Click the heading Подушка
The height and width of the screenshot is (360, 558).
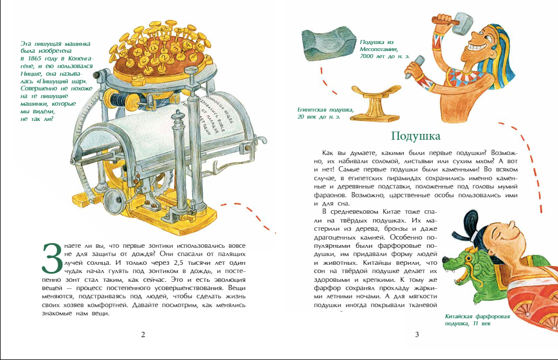415,137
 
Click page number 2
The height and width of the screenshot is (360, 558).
143,335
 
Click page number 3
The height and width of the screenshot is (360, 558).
417,335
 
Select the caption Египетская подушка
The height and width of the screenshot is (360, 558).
326,112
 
